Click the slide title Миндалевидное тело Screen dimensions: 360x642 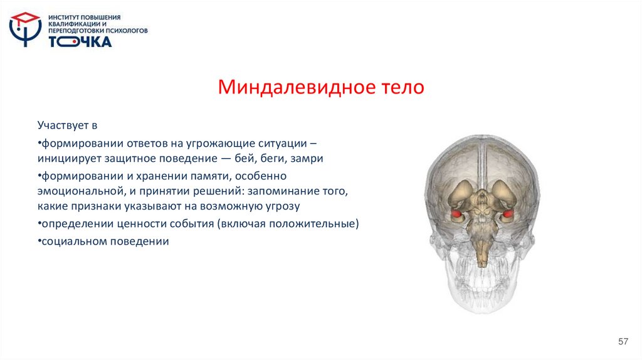321,87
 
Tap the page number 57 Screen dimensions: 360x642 623,341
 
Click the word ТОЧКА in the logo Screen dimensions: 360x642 80,41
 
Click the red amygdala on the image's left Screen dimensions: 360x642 456,215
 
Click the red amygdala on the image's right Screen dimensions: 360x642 506,216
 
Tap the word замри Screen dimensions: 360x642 307,159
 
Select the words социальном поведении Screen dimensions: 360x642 105,241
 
